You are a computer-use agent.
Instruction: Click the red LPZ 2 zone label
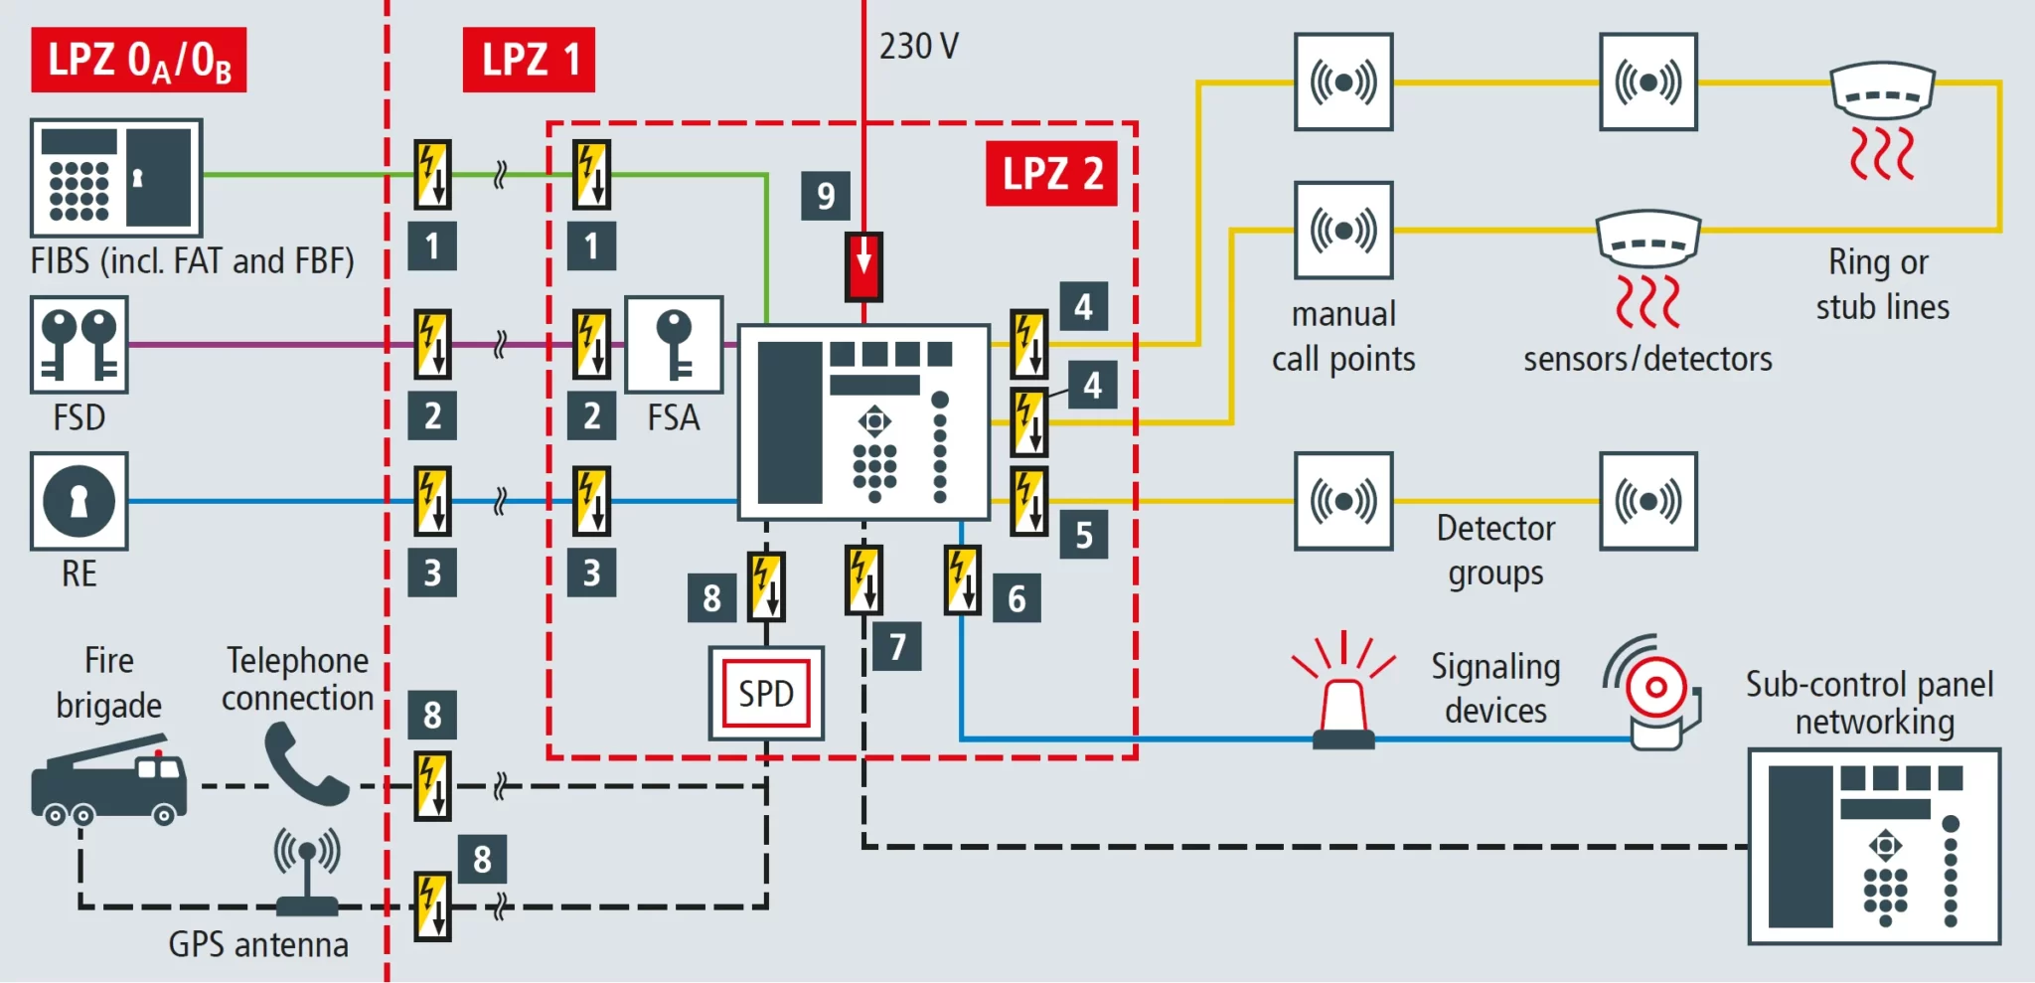pyautogui.click(x=1051, y=174)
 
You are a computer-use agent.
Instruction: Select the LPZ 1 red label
pyautogui.click(x=529, y=60)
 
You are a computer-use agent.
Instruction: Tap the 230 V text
pyautogui.click(x=918, y=46)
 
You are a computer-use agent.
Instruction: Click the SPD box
pyautogui.click(x=766, y=693)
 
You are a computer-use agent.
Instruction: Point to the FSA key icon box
pyautogui.click(x=674, y=344)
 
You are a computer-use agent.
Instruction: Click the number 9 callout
pyautogui.click(x=826, y=196)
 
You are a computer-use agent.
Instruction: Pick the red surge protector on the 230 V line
pyautogui.click(x=863, y=266)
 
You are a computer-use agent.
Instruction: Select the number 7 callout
pyautogui.click(x=897, y=646)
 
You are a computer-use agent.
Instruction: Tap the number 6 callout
pyautogui.click(x=1017, y=598)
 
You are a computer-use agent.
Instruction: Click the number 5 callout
pyautogui.click(x=1083, y=535)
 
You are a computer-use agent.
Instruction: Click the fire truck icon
pyautogui.click(x=109, y=780)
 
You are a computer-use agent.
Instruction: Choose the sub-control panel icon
pyautogui.click(x=1874, y=846)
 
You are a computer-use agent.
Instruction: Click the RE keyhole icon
pyautogui.click(x=79, y=501)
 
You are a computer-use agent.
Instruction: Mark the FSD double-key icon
pyautogui.click(x=79, y=344)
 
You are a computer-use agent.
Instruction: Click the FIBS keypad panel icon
pyautogui.click(x=116, y=177)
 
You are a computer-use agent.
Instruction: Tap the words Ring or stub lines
pyautogui.click(x=1881, y=284)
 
